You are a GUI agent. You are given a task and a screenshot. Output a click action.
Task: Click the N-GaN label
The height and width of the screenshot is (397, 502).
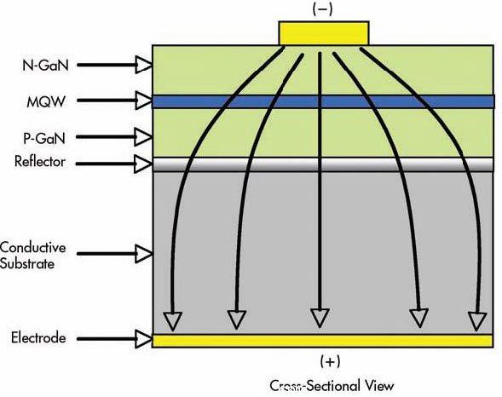[45, 66]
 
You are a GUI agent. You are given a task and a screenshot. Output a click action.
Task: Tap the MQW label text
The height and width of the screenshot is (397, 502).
[46, 102]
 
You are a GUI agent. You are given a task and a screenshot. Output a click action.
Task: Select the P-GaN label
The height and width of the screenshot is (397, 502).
[44, 139]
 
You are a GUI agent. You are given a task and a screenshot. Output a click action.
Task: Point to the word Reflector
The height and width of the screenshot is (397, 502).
[40, 162]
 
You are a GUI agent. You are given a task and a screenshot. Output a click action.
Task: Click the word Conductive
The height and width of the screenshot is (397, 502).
[33, 247]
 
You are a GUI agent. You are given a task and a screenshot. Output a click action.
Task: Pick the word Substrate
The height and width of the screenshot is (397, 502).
[27, 264]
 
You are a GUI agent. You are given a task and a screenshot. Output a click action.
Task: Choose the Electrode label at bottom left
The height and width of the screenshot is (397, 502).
[38, 338]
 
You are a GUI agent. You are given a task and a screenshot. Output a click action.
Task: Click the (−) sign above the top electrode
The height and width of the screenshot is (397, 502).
[322, 9]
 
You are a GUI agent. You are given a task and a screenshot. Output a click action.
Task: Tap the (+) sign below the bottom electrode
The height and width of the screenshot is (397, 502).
[330, 361]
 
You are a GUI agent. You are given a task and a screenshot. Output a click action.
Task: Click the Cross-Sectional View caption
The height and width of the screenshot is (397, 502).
[332, 385]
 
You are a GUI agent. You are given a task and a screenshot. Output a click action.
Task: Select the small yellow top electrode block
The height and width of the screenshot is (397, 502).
[324, 33]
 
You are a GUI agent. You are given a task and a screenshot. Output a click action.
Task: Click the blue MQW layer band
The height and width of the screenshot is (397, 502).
[323, 101]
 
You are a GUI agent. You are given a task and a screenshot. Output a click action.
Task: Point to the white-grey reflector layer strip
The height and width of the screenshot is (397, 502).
[323, 164]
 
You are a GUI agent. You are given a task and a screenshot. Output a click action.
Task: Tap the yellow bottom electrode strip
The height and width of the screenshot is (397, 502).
[322, 341]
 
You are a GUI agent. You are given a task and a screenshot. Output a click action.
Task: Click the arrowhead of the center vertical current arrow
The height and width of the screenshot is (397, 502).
[320, 318]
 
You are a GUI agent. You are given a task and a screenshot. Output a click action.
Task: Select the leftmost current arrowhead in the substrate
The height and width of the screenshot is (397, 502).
[172, 321]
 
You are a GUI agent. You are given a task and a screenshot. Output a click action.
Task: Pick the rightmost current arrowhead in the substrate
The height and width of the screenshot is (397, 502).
[477, 321]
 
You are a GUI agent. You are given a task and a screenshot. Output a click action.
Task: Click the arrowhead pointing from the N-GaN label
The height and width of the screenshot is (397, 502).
[143, 65]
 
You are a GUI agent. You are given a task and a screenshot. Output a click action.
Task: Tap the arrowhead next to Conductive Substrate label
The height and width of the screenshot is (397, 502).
[143, 254]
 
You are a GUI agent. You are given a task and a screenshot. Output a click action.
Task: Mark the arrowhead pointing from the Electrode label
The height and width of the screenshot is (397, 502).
[143, 339]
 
